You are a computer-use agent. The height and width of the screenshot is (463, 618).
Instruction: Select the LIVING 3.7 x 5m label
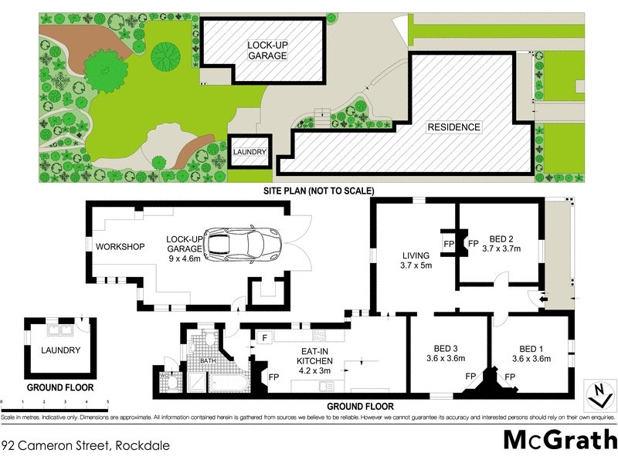click(416, 260)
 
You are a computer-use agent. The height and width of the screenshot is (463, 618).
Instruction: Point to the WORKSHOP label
click(121, 247)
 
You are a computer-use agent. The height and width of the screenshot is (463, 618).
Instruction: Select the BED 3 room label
click(445, 353)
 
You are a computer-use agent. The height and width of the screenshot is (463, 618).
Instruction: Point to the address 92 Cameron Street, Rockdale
click(85, 445)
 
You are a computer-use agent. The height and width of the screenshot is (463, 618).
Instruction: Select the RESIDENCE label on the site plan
click(456, 127)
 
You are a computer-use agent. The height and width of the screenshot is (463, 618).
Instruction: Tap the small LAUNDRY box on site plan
click(250, 152)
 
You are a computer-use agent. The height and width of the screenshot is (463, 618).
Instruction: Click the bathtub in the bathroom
click(226, 384)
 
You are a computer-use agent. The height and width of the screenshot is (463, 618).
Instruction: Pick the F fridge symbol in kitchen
click(263, 338)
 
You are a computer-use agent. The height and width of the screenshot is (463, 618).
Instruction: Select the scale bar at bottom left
click(54, 401)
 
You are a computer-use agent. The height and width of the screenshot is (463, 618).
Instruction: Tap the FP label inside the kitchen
click(273, 377)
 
